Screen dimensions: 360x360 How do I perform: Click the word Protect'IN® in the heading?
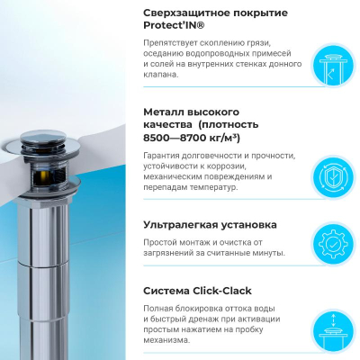click(174, 25)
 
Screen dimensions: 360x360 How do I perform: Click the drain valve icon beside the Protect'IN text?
click(334, 66)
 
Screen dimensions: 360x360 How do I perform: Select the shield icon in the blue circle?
click(333, 178)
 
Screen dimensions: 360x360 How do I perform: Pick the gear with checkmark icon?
click(333, 245)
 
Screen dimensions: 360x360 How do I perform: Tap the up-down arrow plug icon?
click(334, 331)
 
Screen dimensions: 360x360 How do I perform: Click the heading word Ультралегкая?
click(181, 225)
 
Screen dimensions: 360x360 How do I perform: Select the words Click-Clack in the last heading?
click(222, 291)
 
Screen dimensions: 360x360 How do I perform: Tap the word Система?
click(166, 291)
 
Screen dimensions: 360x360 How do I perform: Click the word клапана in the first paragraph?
click(158, 75)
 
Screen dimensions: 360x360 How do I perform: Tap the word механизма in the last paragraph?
click(166, 340)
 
